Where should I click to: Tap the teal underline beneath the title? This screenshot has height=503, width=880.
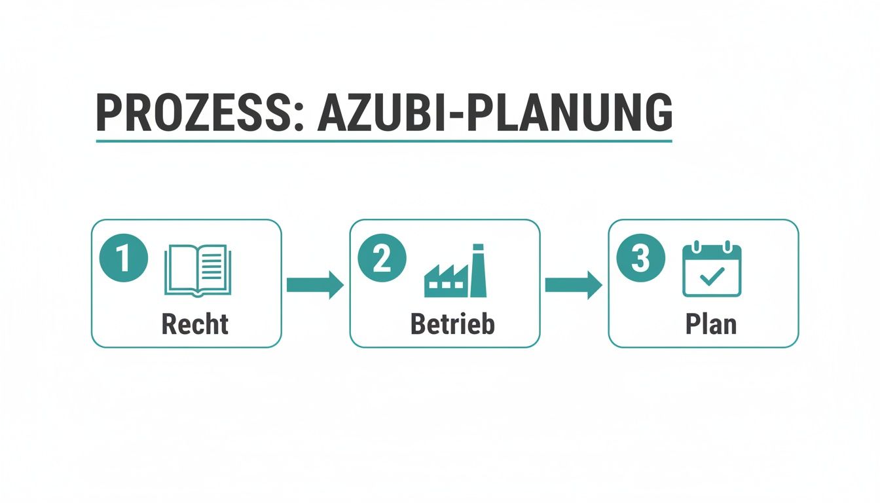384,141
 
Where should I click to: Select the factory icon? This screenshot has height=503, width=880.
456,271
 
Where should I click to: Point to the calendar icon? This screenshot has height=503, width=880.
712,270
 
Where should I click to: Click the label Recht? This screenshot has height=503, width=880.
195,324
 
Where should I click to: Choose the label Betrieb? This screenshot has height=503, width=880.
452,324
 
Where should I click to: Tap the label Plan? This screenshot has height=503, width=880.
711,324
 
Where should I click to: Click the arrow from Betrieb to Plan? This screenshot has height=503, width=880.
574,284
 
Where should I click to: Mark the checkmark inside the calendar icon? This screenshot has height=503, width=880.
712,278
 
